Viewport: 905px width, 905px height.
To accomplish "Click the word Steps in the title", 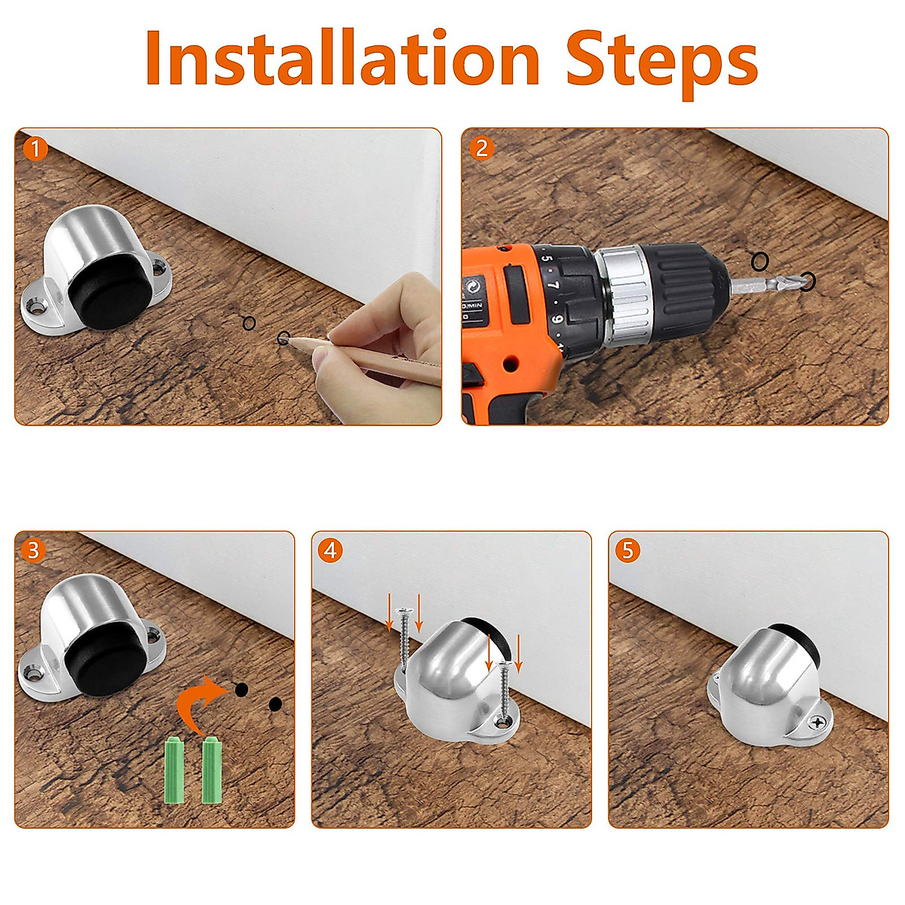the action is [662, 63].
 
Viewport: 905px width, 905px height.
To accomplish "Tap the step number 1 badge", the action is [35, 150].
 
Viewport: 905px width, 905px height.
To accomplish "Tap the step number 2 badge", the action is [482, 149].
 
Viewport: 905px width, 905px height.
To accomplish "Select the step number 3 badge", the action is [33, 551].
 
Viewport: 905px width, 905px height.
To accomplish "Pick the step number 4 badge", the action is [330, 551].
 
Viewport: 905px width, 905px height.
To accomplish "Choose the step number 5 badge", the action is [628, 551].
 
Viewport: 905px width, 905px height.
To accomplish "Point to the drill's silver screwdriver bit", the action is [771, 283].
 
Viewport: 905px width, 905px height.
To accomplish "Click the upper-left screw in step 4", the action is [403, 640].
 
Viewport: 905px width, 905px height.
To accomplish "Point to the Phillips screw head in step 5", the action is [818, 734].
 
